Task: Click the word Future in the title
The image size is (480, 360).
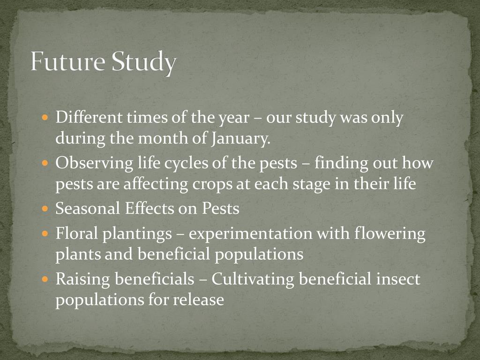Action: [67, 61]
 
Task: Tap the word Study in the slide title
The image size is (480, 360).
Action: [143, 63]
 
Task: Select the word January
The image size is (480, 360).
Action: [241, 139]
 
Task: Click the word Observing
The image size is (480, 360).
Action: [94, 163]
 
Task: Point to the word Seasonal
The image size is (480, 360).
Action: [88, 209]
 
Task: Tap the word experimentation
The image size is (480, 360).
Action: [250, 234]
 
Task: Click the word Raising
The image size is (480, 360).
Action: [82, 279]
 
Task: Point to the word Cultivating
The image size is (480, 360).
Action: [253, 279]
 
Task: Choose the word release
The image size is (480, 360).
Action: [198, 300]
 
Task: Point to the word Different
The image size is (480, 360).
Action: [89, 117]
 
